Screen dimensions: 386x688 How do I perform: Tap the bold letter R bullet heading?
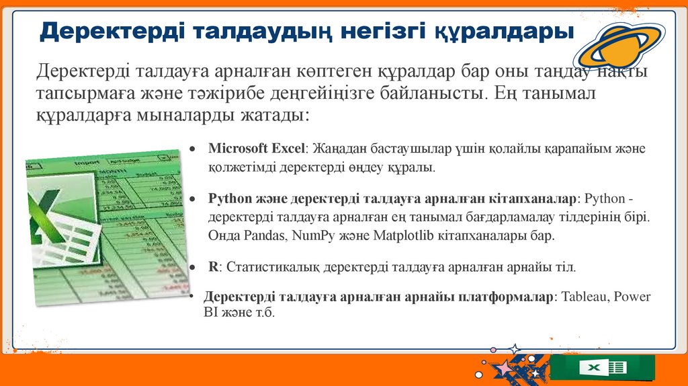(x=213, y=267)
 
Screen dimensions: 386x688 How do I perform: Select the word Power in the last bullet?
(x=632, y=297)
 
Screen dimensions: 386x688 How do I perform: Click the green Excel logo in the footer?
(x=602, y=368)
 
